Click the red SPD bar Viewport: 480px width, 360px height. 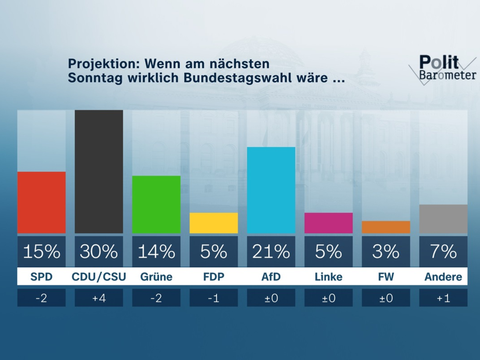[x=41, y=202]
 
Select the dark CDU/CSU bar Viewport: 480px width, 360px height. [x=99, y=172]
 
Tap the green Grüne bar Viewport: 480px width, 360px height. [x=156, y=204]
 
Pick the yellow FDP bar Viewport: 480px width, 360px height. [x=214, y=223]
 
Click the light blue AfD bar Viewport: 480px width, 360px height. [x=271, y=190]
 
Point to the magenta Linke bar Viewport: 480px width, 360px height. [x=328, y=223]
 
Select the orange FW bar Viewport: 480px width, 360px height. [x=386, y=227]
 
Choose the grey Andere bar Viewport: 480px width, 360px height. [x=443, y=219]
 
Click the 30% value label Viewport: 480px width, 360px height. [x=99, y=252]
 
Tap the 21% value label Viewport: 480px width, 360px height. [x=271, y=252]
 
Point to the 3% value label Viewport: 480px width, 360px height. [x=386, y=252]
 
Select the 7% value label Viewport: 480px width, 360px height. [x=443, y=252]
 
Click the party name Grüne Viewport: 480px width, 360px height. [x=156, y=277]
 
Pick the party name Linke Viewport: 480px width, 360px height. [x=328, y=277]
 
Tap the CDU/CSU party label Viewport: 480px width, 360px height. [x=99, y=277]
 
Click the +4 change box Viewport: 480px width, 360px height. [x=99, y=298]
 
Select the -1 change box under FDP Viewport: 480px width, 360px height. [x=214, y=298]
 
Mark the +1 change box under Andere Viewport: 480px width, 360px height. [x=443, y=298]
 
